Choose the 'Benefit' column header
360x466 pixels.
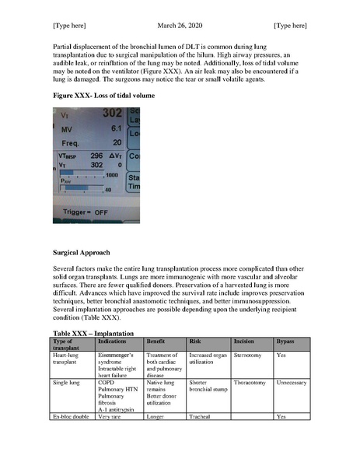point(157,342)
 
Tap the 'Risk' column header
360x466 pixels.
point(195,342)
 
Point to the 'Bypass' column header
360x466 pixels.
point(285,342)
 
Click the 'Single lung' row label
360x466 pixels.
point(68,383)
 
